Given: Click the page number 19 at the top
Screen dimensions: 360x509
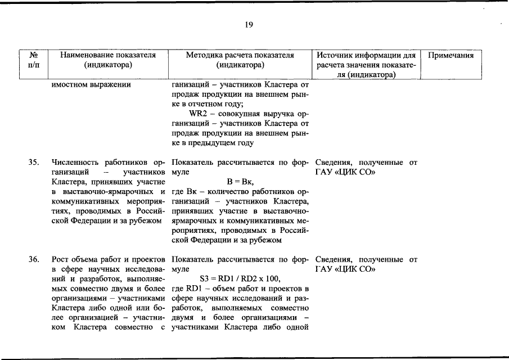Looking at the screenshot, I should [249, 25].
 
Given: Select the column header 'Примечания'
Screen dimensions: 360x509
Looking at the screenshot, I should [451, 56].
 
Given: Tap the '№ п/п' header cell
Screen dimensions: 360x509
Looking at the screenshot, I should [34, 60].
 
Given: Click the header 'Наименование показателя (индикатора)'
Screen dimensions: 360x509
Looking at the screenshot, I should [107, 60].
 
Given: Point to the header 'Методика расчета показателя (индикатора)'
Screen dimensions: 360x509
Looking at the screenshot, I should [240, 60].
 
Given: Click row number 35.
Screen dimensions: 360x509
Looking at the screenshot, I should [34, 163].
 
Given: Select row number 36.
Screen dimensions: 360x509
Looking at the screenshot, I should [34, 259].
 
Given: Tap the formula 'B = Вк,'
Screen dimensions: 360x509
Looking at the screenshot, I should [240, 182].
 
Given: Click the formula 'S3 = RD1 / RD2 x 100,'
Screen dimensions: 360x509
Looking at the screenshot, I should [240, 278].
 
